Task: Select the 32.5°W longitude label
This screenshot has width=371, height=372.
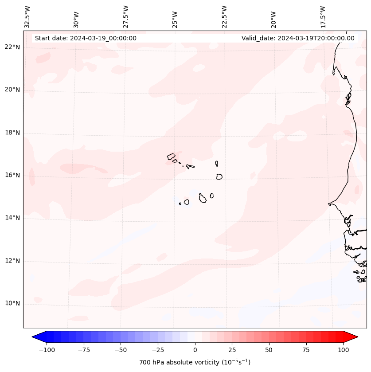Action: [x=27, y=17]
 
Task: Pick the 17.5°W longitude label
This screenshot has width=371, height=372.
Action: [x=323, y=17]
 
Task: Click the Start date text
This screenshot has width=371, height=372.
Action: [x=86, y=38]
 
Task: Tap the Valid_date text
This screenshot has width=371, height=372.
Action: [x=298, y=38]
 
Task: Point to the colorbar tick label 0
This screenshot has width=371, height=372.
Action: [x=195, y=350]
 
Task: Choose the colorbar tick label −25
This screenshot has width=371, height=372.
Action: [x=158, y=350]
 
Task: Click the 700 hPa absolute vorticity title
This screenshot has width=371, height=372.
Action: [x=195, y=362]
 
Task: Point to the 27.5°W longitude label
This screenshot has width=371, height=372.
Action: [x=126, y=17]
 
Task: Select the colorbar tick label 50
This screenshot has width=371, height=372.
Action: [x=269, y=350]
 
